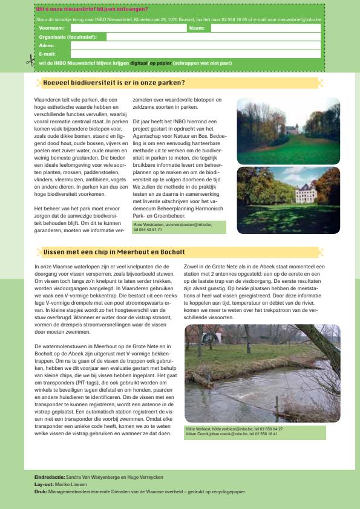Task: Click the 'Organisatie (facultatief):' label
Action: pos(71,37)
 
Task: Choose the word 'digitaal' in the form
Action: pos(139,62)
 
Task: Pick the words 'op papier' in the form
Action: pos(160,62)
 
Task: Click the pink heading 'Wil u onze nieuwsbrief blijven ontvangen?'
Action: pos(92,9)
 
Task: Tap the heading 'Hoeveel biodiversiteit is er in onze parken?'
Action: pos(114,83)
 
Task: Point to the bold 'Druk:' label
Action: pos(41,491)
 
